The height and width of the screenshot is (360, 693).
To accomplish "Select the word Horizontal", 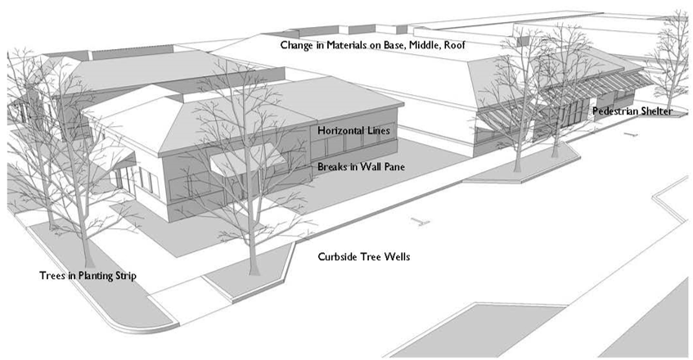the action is (339, 131).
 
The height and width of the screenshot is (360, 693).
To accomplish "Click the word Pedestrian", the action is (613, 110).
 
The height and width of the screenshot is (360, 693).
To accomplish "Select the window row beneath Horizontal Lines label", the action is (352, 147).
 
